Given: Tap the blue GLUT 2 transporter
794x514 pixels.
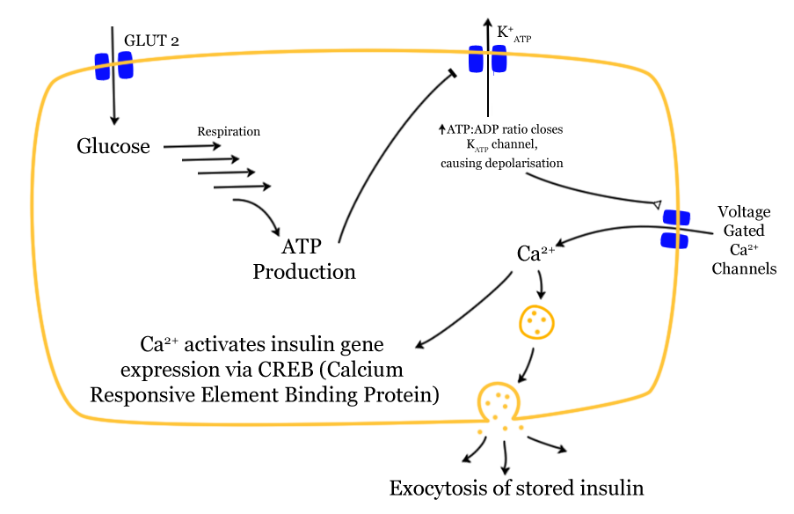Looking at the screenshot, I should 114,65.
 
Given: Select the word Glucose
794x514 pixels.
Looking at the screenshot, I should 113,146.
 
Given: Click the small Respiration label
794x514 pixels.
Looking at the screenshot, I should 229,131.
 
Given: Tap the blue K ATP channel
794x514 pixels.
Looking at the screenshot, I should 487,60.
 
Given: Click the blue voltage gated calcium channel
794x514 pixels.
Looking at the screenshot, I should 675,229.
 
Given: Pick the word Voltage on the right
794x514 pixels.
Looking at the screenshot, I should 744,212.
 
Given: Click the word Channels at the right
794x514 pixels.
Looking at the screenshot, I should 744,268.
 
